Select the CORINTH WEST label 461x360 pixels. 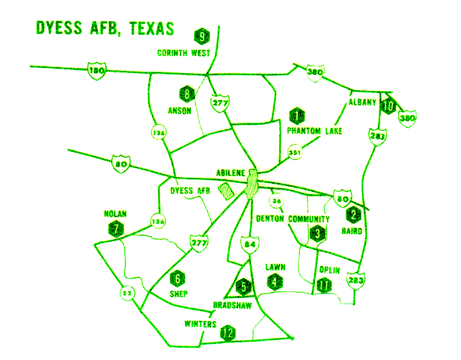coord(184,53)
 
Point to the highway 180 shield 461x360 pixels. coord(95,71)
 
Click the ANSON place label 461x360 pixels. coord(180,111)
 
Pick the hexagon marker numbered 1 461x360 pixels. coord(296,114)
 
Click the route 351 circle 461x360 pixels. coord(295,152)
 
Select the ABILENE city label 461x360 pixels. coord(230,173)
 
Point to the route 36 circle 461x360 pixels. coord(277,201)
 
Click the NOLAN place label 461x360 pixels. coord(115,213)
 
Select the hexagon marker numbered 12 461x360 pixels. coord(229,333)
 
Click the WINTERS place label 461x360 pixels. coord(200,324)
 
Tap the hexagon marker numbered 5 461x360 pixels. coord(243,285)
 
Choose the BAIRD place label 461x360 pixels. coord(352,231)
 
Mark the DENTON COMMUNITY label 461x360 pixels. coord(293,219)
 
